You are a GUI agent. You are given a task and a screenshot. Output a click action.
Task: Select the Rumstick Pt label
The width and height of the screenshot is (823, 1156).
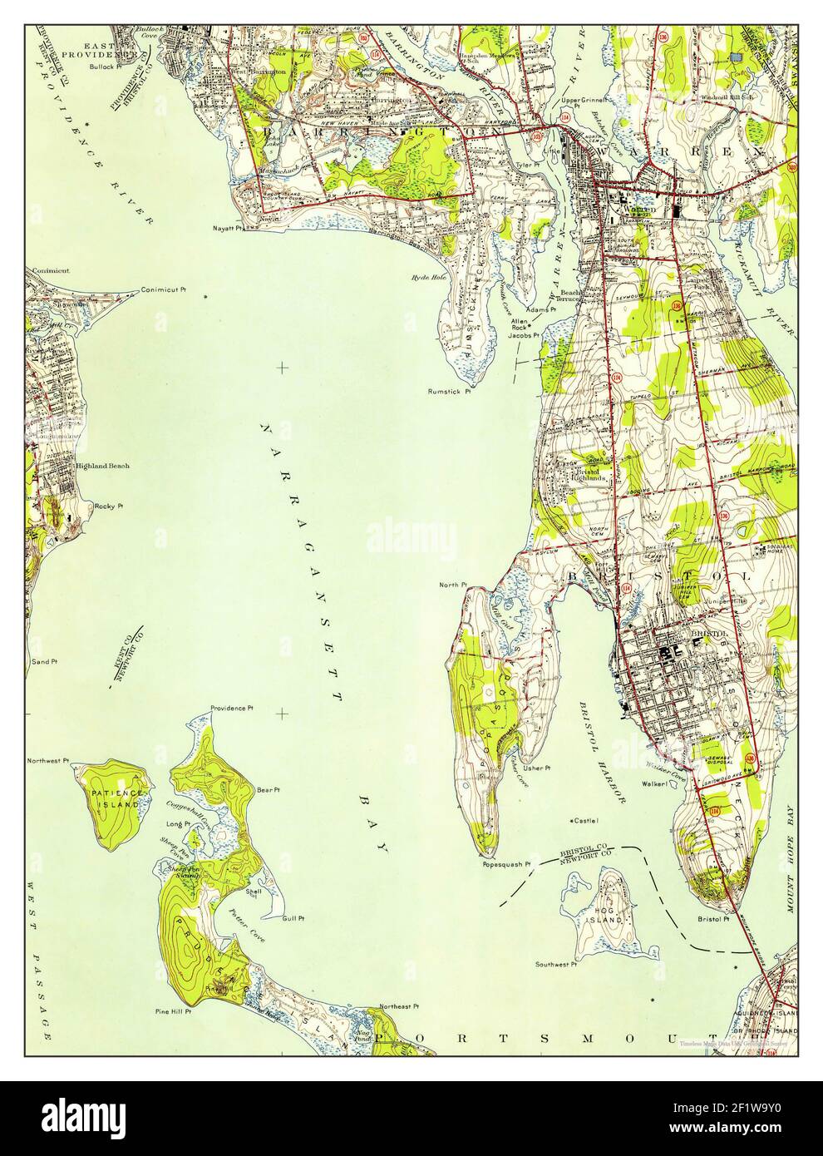coord(449,391)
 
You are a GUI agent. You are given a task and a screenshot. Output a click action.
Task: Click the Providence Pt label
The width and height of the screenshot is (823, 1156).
coord(232,708)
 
